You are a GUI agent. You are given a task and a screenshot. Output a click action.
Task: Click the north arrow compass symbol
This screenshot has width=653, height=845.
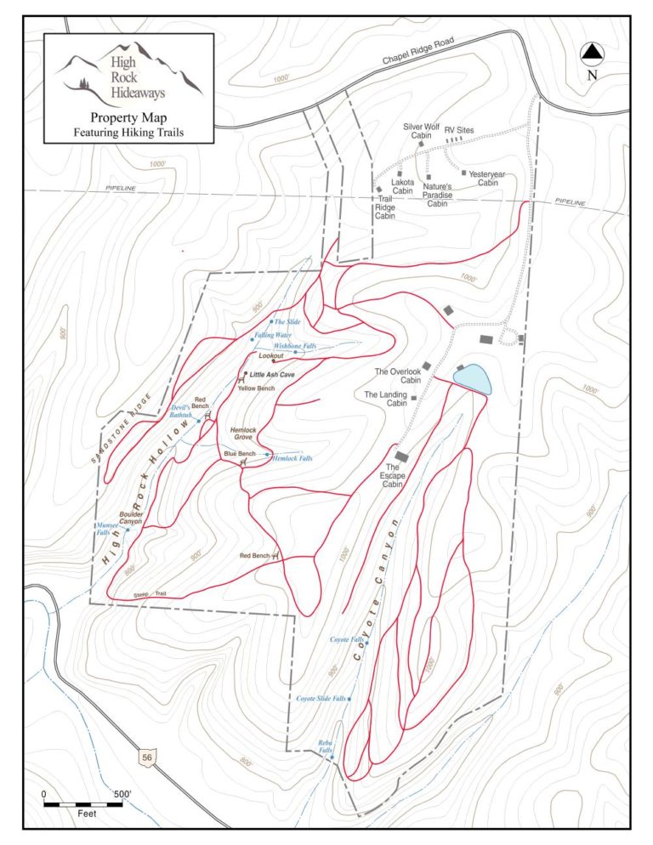coord(592,54)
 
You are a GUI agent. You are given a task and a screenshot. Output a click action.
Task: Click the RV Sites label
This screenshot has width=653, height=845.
coord(459,130)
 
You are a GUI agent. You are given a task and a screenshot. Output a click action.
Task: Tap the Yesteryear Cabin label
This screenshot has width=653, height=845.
coord(486,179)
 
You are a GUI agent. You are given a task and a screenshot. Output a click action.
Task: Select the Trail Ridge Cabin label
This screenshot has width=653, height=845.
coord(386,208)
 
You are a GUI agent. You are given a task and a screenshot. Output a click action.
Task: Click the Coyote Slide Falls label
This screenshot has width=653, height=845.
coord(321,698)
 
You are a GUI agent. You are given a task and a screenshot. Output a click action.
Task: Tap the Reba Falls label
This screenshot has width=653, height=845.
coord(326,746)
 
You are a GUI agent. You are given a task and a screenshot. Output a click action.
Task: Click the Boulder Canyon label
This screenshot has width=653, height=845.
coord(130,518)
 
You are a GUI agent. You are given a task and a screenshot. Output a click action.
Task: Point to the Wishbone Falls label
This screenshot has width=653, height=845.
coord(295,347)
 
